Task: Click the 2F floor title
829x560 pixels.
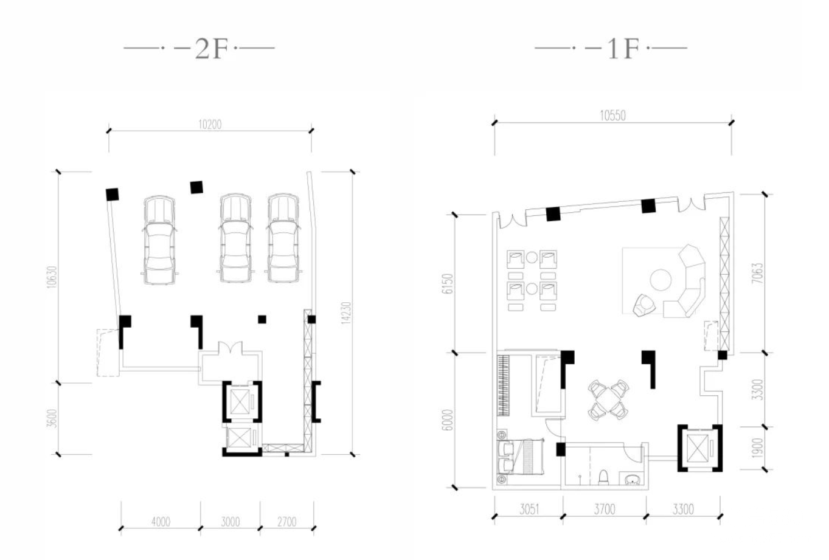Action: pos(211,49)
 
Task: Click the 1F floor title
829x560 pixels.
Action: pos(623,49)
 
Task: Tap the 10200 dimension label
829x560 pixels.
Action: pos(210,125)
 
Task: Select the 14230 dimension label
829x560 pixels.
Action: pos(345,313)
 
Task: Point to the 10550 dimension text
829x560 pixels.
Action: pos(613,116)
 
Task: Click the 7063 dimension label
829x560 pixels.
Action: pos(758,273)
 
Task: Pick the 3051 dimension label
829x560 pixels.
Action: pos(529,510)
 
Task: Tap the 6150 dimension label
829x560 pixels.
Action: pos(448,284)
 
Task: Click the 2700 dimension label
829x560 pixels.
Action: pos(287,522)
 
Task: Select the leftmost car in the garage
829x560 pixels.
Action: pos(159,240)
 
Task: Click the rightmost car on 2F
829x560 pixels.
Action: pos(283,238)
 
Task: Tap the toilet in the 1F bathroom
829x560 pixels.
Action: pos(603,477)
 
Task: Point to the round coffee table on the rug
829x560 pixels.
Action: pos(661,280)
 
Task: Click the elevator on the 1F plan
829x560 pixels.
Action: pos(700,448)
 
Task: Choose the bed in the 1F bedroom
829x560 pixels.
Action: pos(521,456)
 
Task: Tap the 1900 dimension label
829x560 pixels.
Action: pos(758,448)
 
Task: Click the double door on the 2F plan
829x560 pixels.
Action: pos(230,348)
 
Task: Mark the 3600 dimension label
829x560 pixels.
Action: pos(52,418)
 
